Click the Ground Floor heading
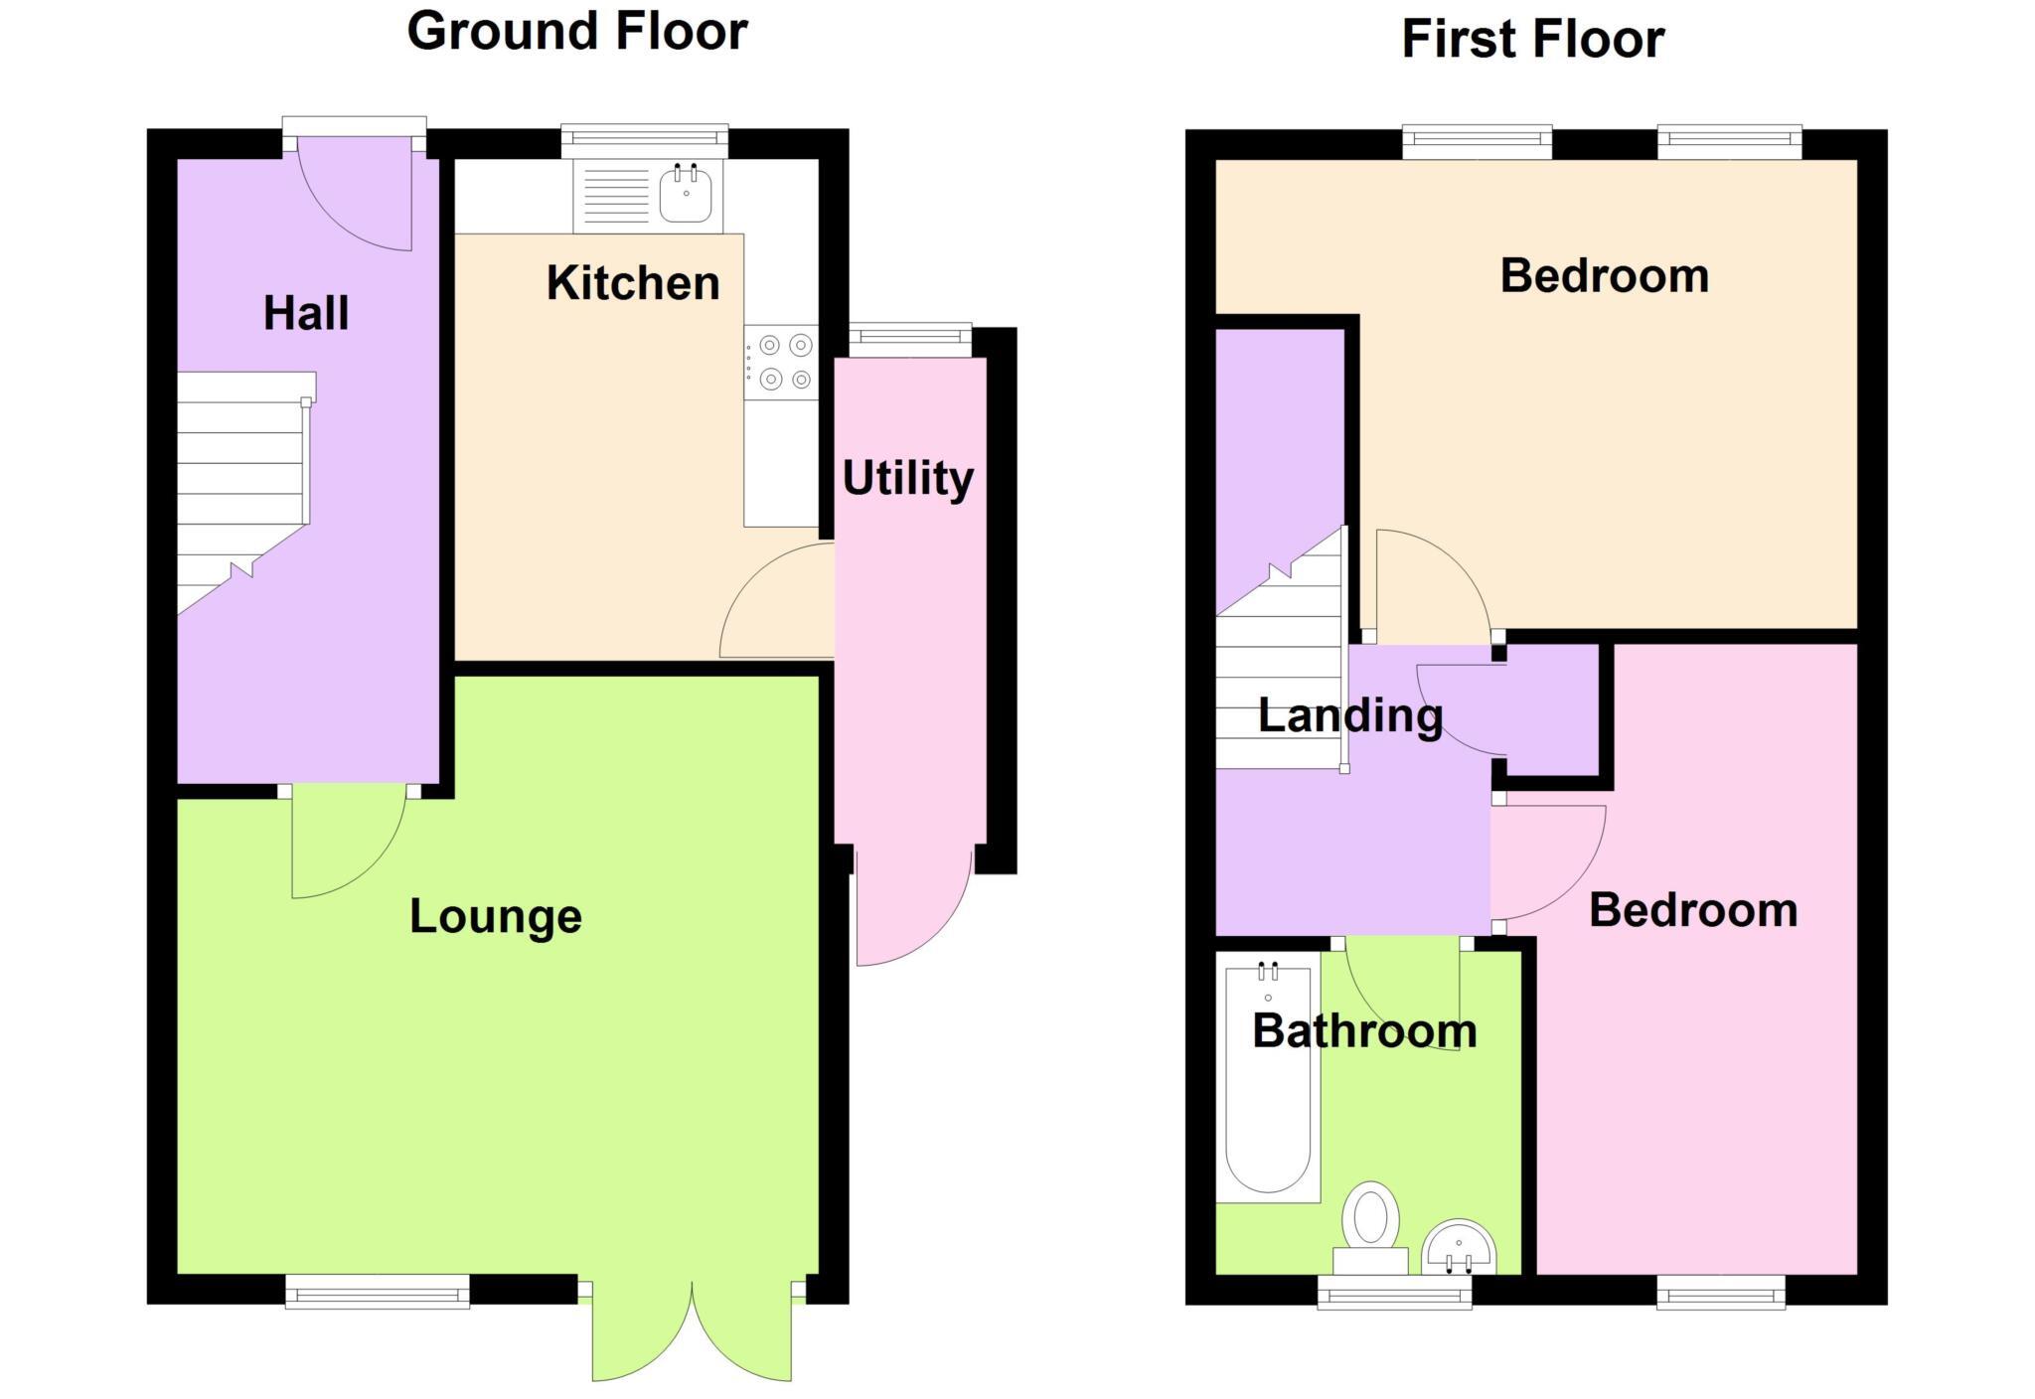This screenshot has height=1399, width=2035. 577,31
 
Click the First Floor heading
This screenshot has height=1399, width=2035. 1532,40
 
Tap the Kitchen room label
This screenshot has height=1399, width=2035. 633,283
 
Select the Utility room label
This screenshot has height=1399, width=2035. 907,478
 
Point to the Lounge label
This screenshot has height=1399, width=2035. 495,916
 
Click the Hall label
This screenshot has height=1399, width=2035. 306,314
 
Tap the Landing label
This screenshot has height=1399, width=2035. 1350,715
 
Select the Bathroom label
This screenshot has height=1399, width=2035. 1364,1031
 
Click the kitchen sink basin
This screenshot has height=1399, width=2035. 686,196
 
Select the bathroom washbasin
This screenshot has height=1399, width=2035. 1458,1250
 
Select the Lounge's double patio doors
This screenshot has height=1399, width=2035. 692,1331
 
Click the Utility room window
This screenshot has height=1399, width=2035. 910,340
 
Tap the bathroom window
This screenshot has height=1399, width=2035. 1394,1292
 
